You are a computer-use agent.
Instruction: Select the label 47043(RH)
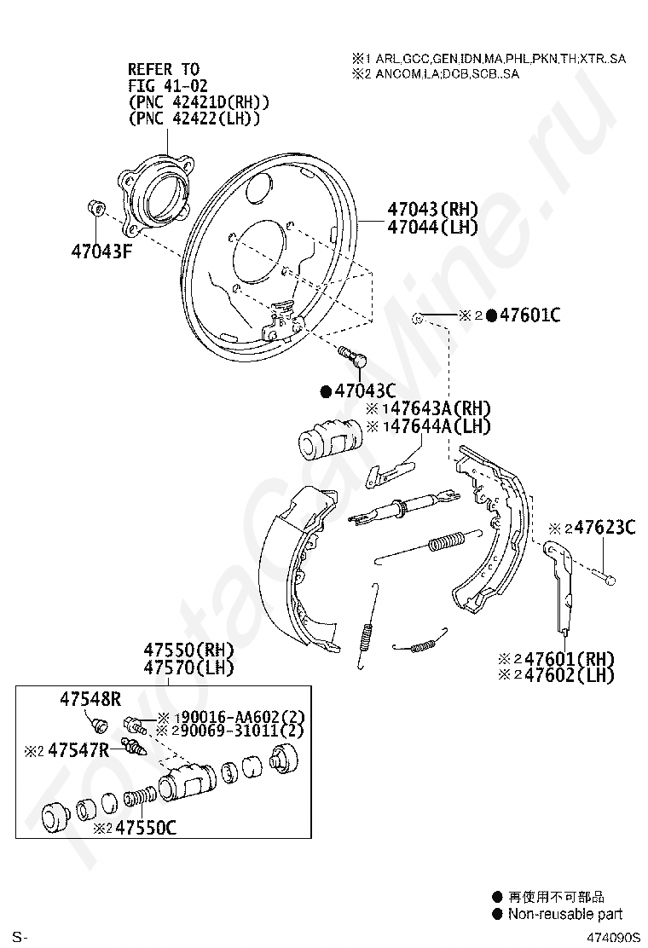[x=432, y=210]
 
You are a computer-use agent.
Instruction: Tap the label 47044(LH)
[x=431, y=228]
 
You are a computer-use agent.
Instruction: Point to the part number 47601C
[x=529, y=316]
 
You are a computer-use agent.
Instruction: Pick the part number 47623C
[x=605, y=529]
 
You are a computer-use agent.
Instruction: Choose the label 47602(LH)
[x=569, y=676]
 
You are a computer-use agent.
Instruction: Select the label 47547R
[x=78, y=751]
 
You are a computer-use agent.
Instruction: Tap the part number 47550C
[x=146, y=827]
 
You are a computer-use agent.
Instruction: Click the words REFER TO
[x=163, y=69]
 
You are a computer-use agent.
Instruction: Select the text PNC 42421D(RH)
[x=199, y=102]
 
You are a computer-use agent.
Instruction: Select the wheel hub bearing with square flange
[x=155, y=194]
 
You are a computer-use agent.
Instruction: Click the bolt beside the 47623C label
[x=605, y=575]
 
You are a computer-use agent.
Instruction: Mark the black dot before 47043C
[x=326, y=392]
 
